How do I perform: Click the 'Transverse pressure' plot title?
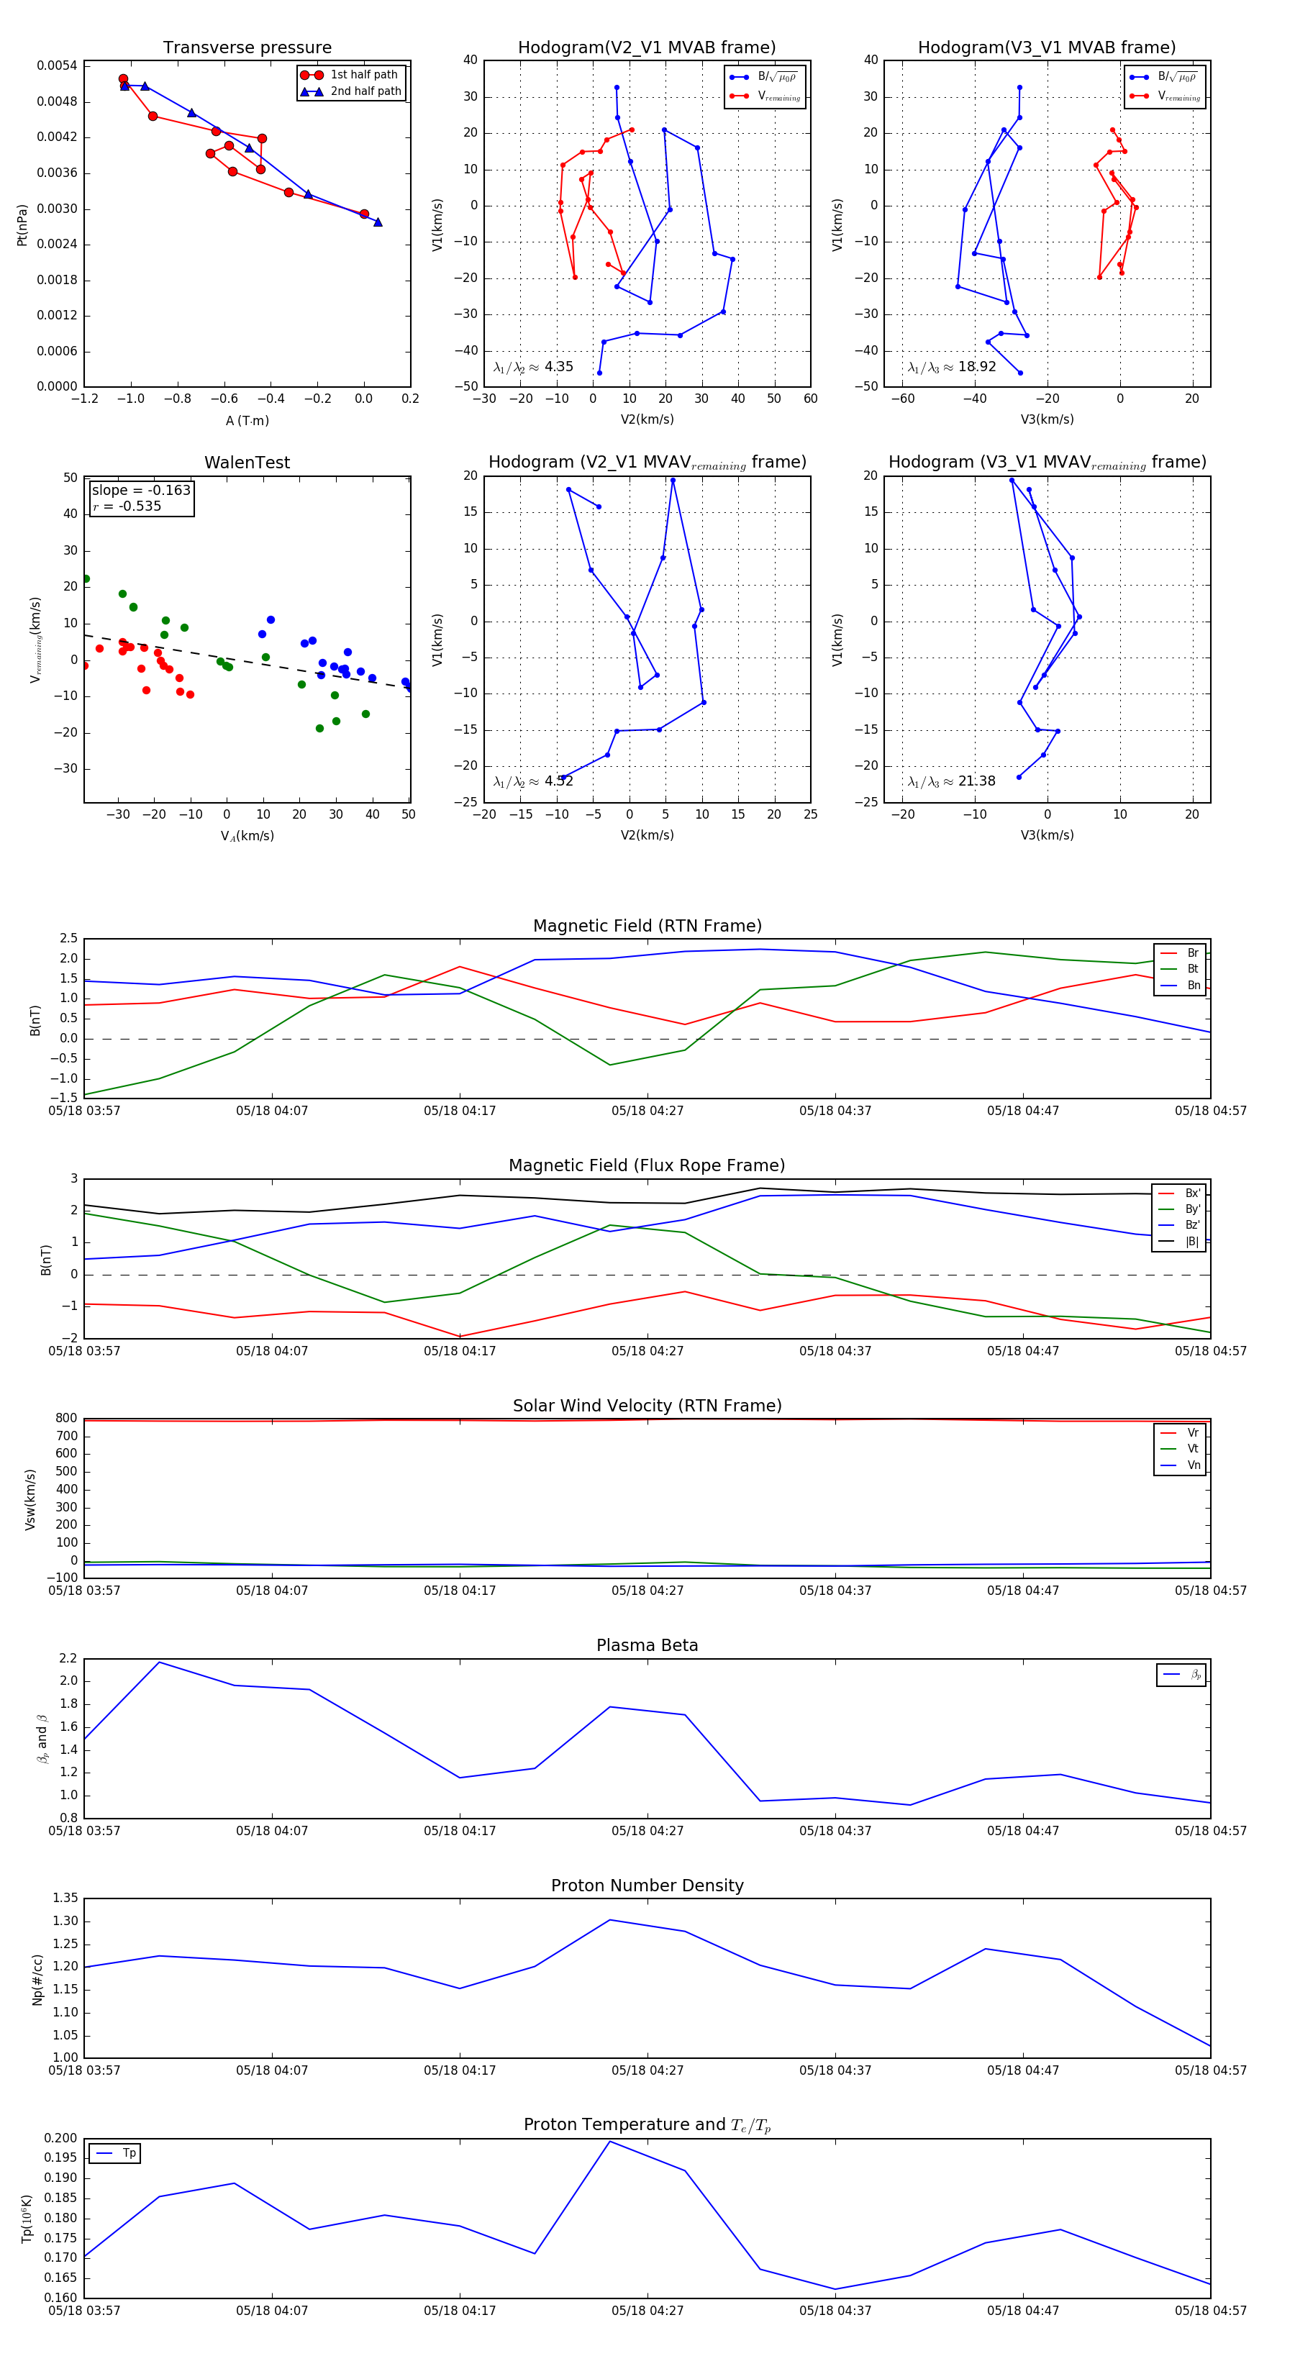click(247, 48)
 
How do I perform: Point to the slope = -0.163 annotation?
click(141, 491)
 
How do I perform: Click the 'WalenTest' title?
click(247, 463)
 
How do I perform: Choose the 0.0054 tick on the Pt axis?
click(57, 65)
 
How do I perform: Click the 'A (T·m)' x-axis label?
click(247, 420)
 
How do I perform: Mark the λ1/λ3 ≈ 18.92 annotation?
click(951, 367)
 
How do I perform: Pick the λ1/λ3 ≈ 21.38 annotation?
click(951, 781)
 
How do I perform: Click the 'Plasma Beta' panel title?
click(647, 1645)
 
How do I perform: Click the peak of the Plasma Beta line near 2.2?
click(160, 1662)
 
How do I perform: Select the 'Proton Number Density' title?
click(647, 1885)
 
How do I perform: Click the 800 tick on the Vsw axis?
click(65, 1419)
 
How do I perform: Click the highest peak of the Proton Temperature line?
click(609, 2141)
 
